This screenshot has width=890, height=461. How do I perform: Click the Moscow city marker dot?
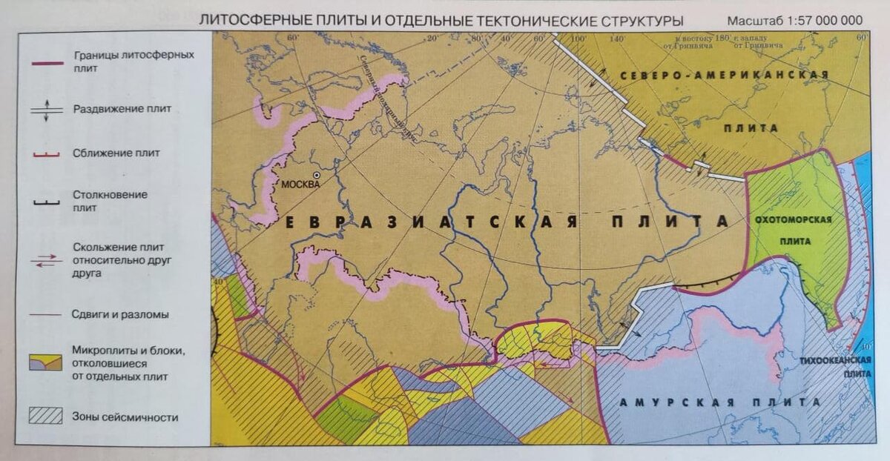tap(317, 175)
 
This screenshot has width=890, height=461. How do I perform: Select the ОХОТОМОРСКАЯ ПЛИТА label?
tap(794, 230)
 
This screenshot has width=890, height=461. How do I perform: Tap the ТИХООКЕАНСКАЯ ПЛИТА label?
tap(834, 367)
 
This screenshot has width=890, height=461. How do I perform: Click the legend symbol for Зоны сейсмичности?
tap(46, 416)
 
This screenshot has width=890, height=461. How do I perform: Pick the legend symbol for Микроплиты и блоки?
tap(46, 362)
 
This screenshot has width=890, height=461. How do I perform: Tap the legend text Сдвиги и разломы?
tap(120, 314)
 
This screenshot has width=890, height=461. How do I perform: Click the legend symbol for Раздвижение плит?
tap(46, 109)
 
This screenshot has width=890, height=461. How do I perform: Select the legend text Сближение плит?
tap(116, 153)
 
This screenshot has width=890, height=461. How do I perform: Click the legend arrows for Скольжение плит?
tap(46, 259)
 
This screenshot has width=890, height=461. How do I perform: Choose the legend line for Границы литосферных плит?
tap(46, 61)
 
